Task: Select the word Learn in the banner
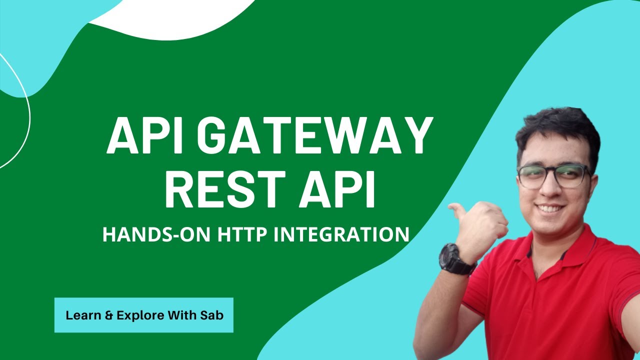click(x=81, y=315)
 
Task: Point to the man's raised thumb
click(x=457, y=209)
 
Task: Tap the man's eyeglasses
click(x=552, y=176)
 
